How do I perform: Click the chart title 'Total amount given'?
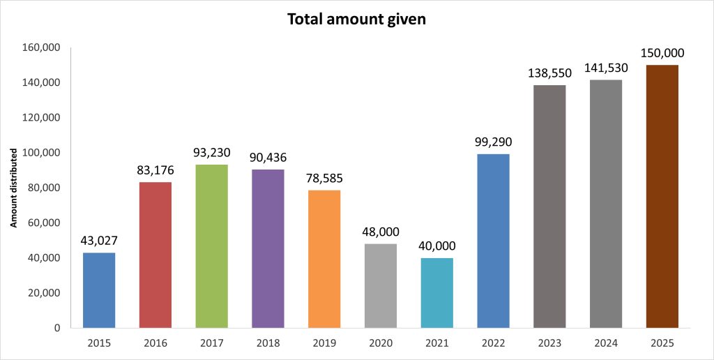click(356, 20)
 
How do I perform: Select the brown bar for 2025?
click(662, 196)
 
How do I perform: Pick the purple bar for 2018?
click(268, 248)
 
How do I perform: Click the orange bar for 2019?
click(324, 259)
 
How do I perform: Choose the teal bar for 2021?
click(436, 292)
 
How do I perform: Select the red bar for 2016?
click(155, 255)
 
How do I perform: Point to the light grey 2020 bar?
click(380, 285)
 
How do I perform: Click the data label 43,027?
click(98, 241)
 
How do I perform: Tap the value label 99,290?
click(493, 142)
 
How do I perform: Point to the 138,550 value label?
click(549, 73)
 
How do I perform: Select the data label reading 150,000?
click(662, 53)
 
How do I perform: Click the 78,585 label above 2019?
click(324, 178)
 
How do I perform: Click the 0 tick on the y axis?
click(58, 328)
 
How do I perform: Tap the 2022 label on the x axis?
click(493, 343)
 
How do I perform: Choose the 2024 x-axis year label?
click(605, 343)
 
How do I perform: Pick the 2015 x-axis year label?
click(98, 343)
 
